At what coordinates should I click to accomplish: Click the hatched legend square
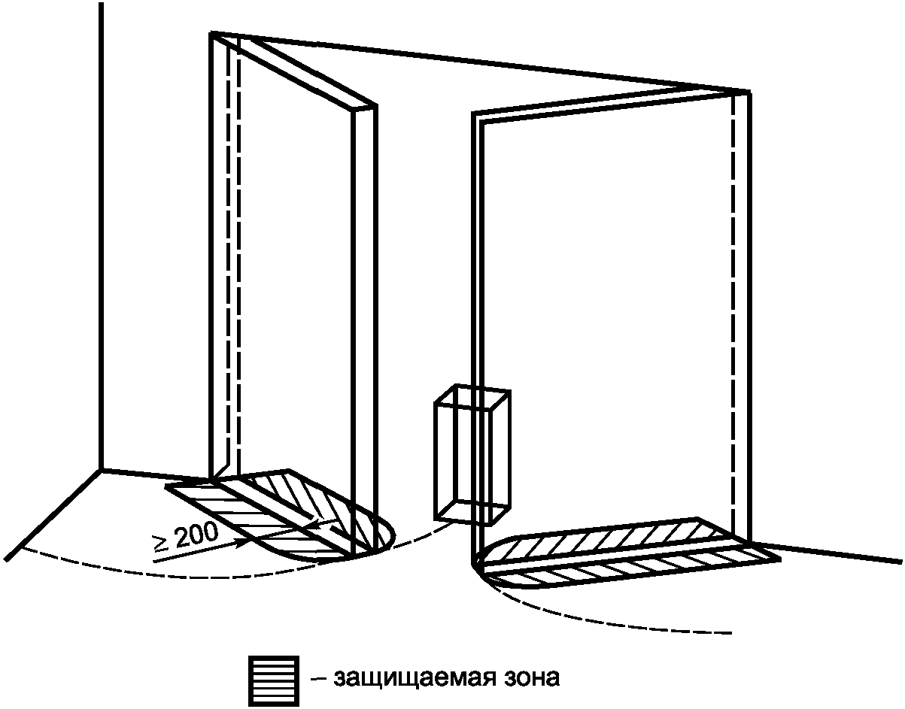274,680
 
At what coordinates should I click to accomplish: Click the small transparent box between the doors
472,455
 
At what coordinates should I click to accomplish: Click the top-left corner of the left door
212,33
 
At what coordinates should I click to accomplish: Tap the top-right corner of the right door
749,92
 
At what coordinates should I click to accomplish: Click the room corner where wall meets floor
102,470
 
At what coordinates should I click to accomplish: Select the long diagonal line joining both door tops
481,62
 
